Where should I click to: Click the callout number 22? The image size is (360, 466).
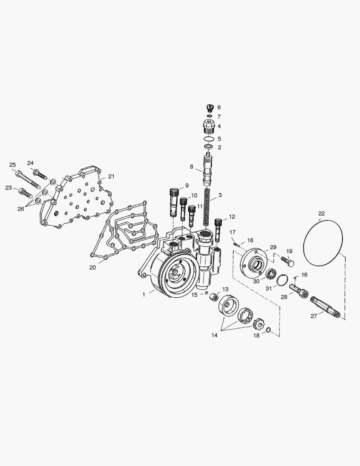coord(322,213)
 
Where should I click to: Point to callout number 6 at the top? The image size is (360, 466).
coord(219,107)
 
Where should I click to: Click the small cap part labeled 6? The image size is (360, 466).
coord(209,108)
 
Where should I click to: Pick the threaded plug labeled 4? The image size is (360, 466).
coord(209,126)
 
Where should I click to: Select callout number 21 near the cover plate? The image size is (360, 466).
coord(111,176)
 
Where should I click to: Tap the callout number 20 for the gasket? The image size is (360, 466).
coord(93,268)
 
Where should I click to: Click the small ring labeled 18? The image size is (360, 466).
coord(267,331)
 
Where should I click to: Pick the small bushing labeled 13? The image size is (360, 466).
coord(213,296)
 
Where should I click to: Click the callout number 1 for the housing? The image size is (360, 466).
coord(144,295)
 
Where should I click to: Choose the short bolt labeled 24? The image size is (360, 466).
coord(40,174)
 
